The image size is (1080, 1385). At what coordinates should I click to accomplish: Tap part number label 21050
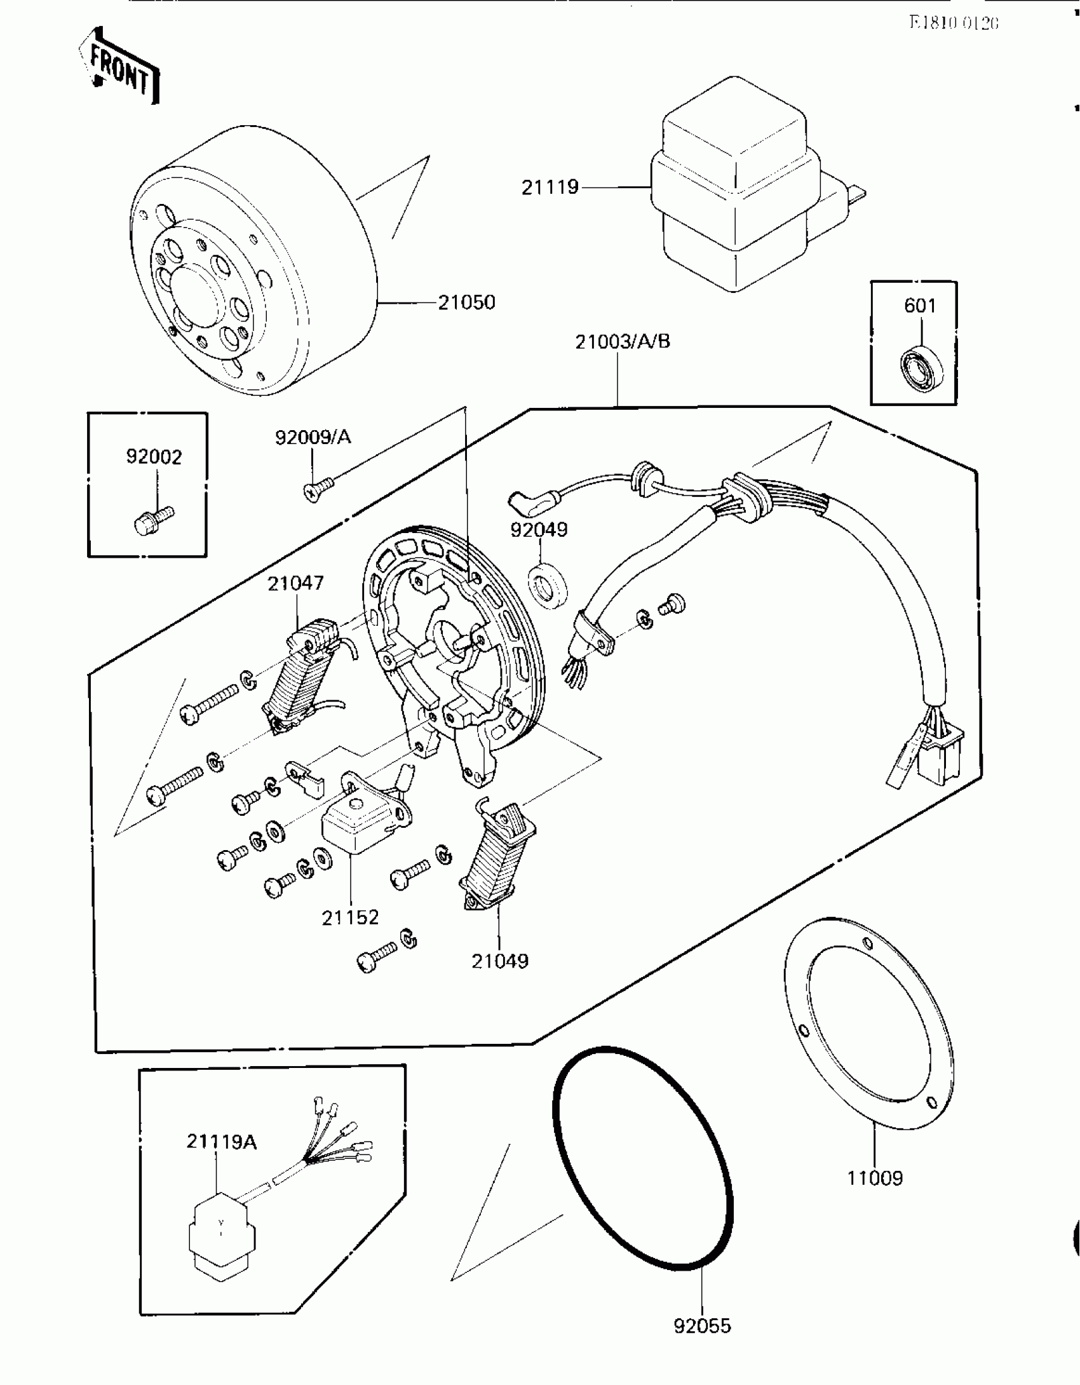(466, 302)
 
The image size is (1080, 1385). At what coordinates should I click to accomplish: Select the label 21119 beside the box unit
(550, 187)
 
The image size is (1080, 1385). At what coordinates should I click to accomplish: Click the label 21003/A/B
(623, 342)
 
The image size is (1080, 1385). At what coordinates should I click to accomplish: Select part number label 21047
(295, 583)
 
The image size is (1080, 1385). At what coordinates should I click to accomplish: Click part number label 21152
(350, 917)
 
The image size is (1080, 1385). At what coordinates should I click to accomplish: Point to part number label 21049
(500, 961)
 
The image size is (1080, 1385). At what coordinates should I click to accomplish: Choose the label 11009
(875, 1179)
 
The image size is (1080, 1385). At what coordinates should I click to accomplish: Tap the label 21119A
(222, 1142)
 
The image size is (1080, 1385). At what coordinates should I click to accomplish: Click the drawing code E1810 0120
(954, 23)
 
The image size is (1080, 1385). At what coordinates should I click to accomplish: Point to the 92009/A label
(313, 437)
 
